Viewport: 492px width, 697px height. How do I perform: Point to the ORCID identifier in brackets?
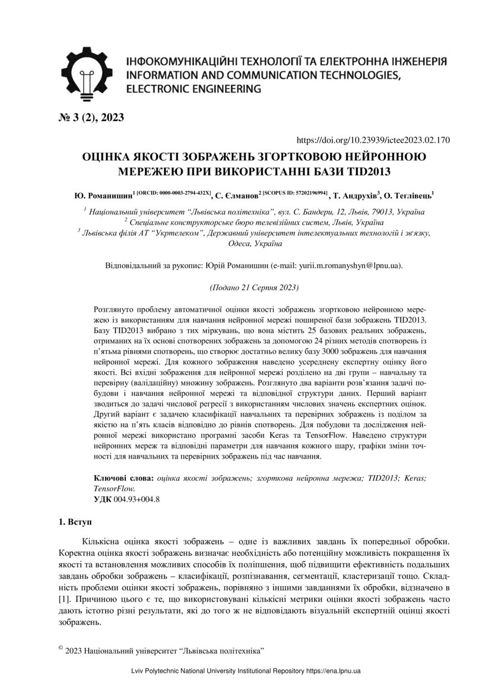(174, 193)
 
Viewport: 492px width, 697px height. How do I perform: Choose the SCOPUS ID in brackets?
(295, 193)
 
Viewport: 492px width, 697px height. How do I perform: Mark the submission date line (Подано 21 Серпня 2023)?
(254, 288)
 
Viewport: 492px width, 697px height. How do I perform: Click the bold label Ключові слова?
(124, 478)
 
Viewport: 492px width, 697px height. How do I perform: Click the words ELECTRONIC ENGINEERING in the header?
(194, 89)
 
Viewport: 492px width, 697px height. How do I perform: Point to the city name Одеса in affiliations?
(238, 245)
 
